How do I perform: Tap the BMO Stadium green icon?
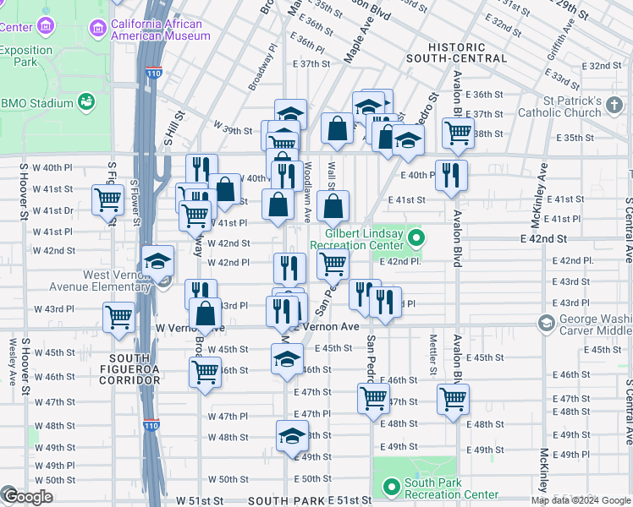[85, 103]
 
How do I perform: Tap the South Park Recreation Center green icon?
[391, 487]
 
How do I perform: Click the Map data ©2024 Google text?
[581, 500]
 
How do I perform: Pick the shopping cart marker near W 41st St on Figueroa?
[108, 200]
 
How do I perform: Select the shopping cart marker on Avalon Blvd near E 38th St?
[458, 131]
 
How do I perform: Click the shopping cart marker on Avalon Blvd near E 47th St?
[453, 397]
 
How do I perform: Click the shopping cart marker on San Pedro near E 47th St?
[373, 397]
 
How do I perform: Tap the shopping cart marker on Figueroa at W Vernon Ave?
[118, 318]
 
